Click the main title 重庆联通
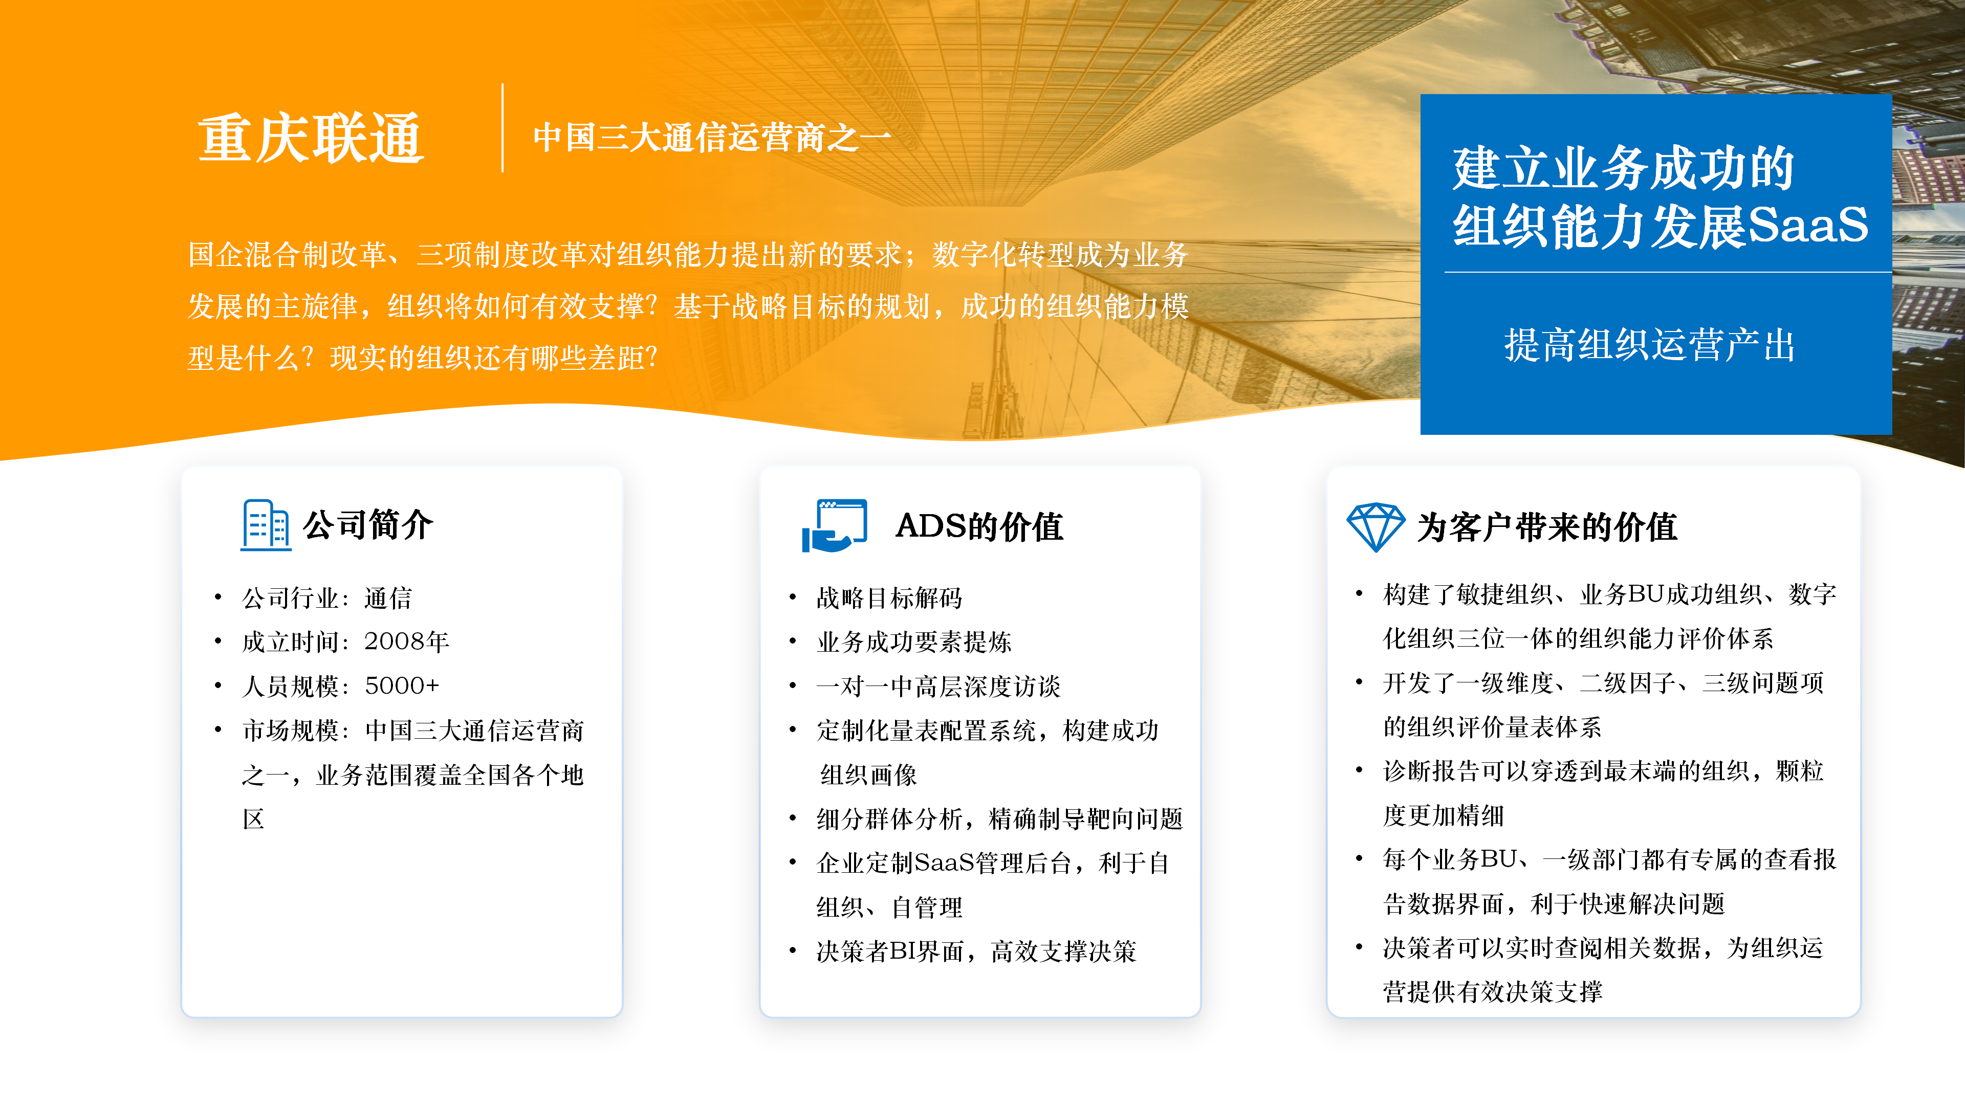click(x=311, y=138)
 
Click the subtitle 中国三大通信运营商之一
click(x=712, y=138)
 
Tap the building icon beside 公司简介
click(x=266, y=525)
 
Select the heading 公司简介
click(x=368, y=525)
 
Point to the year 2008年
click(x=407, y=642)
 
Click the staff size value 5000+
click(x=402, y=686)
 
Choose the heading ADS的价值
click(x=979, y=526)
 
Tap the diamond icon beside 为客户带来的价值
click(x=1375, y=527)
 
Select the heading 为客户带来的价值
click(x=1547, y=527)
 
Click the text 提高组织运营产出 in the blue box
click(x=1650, y=345)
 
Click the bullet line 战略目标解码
click(x=889, y=598)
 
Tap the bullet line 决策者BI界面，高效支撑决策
click(x=976, y=952)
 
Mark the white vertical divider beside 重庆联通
click(x=502, y=128)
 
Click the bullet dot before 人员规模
click(x=218, y=686)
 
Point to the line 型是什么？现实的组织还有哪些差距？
click(x=423, y=358)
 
